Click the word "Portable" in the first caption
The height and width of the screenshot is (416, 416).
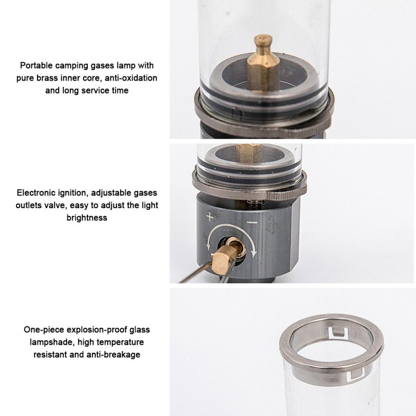(36, 66)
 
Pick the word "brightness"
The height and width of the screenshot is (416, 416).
(87, 218)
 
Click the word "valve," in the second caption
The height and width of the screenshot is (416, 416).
(55, 205)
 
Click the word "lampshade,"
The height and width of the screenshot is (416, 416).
(52, 342)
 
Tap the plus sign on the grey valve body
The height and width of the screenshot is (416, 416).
(209, 217)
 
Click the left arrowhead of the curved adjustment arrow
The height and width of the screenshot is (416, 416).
(208, 246)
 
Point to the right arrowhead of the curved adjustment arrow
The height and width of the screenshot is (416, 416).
(254, 253)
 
